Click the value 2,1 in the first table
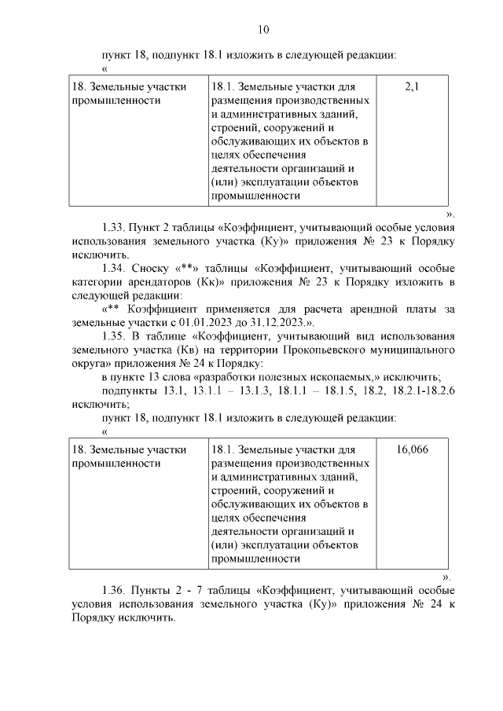(412, 86)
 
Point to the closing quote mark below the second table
(446, 576)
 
